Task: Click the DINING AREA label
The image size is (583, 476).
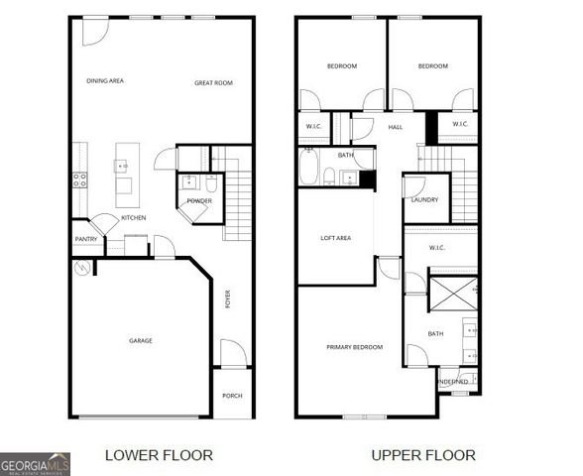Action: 105,81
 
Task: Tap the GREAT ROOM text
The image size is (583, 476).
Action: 213,83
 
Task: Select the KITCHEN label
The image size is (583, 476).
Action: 134,217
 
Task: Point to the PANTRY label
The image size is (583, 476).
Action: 85,239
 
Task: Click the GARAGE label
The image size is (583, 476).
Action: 141,341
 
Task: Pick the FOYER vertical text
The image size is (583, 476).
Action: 228,298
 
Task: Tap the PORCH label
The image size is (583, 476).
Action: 232,396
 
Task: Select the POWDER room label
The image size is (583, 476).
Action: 199,201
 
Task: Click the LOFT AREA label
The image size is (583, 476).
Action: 335,238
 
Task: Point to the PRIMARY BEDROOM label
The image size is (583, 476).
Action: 355,347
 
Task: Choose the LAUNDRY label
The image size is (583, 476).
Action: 425,200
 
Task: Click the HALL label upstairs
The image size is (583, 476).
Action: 395,128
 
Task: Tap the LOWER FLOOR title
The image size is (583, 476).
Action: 159,455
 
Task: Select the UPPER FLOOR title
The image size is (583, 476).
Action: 423,455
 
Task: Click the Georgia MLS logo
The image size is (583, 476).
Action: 35,463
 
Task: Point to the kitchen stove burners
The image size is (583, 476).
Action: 79,179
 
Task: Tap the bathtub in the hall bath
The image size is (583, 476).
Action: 308,170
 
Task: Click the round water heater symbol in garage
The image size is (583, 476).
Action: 82,268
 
